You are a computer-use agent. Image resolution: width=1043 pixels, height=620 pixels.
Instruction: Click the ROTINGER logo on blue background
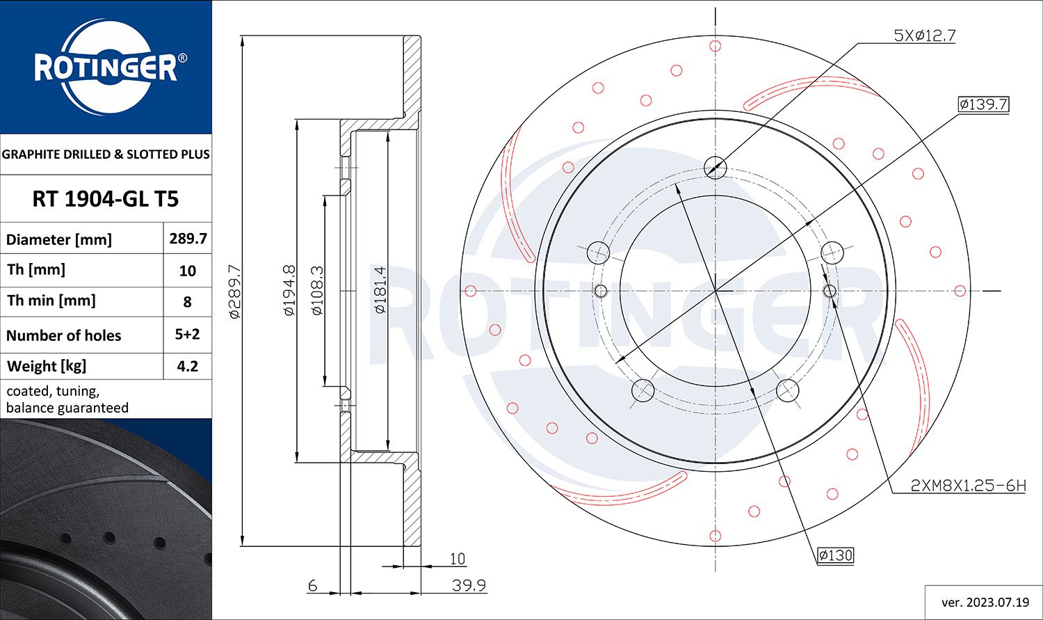tap(106, 67)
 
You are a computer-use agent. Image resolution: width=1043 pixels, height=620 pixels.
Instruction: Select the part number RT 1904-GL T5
tap(106, 199)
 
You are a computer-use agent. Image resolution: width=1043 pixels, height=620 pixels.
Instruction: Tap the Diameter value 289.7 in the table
tap(188, 239)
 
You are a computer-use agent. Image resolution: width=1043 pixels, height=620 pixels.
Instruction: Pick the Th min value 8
tap(188, 302)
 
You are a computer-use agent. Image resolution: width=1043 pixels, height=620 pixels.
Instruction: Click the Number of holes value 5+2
tap(188, 335)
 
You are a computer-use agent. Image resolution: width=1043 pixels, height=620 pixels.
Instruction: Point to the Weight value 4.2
tap(188, 366)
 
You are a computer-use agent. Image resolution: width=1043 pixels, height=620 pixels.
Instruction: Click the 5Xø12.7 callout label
tap(923, 35)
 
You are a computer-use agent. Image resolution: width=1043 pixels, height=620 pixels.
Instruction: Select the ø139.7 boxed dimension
tap(983, 105)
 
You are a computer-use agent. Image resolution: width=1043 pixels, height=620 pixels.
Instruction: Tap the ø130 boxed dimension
tap(834, 555)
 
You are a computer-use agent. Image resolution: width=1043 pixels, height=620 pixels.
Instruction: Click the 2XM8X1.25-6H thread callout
tap(968, 486)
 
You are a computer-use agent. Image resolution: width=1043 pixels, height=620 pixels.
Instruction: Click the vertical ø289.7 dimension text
tap(234, 291)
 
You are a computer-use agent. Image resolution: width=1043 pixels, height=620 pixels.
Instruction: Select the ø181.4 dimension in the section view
tap(380, 289)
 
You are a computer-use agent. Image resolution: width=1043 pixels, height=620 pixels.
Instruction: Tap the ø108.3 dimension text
tap(317, 290)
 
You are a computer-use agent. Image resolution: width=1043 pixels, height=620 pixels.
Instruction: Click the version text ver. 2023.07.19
tap(983, 603)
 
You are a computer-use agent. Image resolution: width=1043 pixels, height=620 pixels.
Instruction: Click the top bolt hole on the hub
tap(715, 167)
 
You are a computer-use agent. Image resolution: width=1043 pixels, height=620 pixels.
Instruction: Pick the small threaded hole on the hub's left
tap(601, 290)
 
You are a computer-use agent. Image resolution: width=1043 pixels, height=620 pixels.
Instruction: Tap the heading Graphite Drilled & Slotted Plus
tap(106, 154)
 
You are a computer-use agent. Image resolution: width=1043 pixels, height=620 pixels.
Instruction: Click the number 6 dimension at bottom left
tap(312, 585)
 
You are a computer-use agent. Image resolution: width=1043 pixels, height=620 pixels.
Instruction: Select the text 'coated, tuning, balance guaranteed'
tap(67, 399)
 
